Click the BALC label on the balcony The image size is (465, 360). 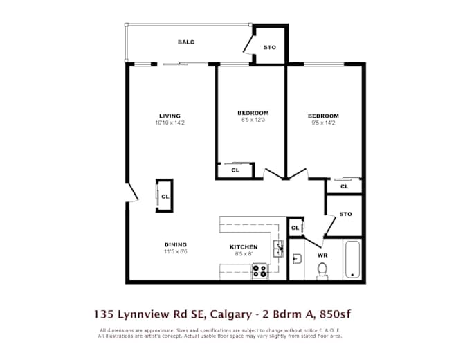[186, 42]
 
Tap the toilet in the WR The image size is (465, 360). [322, 271]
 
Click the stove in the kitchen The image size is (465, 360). [259, 271]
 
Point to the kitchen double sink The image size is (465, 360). [278, 249]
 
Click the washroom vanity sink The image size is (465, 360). [297, 259]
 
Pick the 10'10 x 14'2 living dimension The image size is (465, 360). [170, 123]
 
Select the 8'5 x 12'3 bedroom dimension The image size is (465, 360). [253, 120]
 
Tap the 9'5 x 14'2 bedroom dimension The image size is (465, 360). [323, 123]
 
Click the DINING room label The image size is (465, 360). [176, 245]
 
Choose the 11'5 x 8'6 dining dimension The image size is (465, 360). [176, 252]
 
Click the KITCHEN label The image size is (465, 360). [244, 247]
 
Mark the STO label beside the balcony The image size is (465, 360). [270, 48]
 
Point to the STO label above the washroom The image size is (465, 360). [345, 214]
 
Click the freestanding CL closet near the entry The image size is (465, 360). [165, 196]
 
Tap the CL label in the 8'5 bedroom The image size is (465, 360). [235, 170]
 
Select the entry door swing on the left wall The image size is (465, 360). [131, 193]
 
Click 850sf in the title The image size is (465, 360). [335, 314]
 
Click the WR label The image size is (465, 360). [322, 255]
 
